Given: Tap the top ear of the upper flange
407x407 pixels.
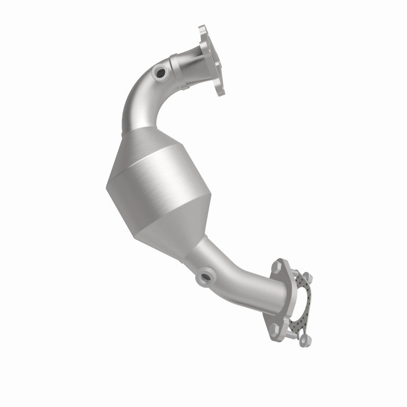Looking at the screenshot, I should click(x=203, y=31).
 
